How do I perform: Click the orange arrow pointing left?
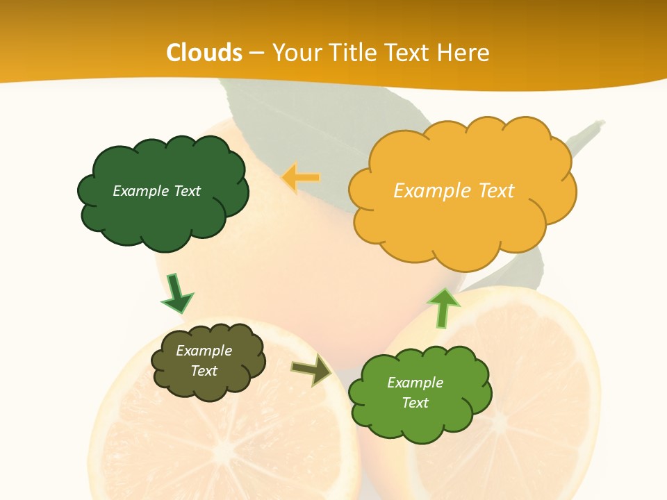(x=301, y=178)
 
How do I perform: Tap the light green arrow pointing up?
(x=443, y=307)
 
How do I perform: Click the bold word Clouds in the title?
(x=204, y=53)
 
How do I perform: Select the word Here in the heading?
(x=464, y=53)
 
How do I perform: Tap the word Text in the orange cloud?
(x=496, y=191)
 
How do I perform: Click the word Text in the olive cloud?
(x=204, y=371)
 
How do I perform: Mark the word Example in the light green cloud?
(x=415, y=383)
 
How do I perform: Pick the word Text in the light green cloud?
(x=415, y=403)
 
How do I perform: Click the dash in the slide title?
(x=256, y=53)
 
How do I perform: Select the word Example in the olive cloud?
(x=204, y=351)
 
